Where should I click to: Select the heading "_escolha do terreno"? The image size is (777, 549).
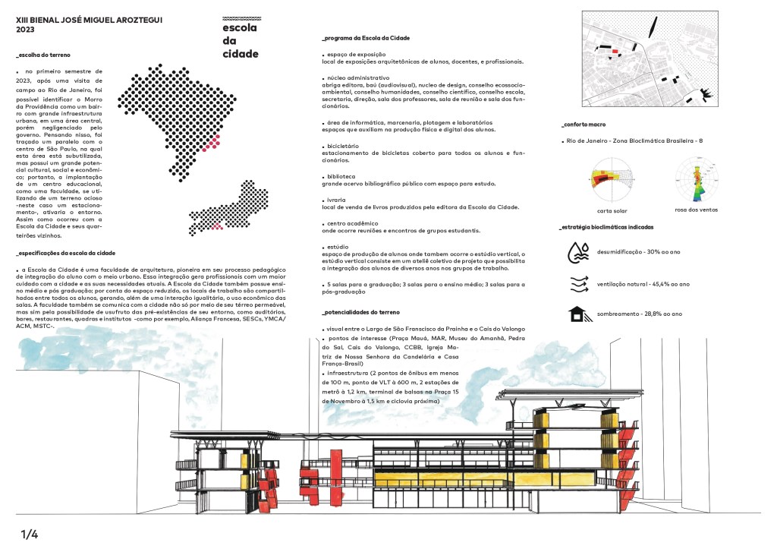tap(43, 55)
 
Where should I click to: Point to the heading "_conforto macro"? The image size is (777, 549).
tap(583, 124)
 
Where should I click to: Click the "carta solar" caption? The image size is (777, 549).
tap(611, 210)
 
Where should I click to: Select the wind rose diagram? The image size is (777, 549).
tap(696, 179)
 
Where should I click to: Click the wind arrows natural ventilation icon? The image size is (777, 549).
tap(580, 284)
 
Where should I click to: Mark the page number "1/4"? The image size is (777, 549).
tap(29, 534)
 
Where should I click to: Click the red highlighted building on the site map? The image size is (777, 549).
tap(615, 52)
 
